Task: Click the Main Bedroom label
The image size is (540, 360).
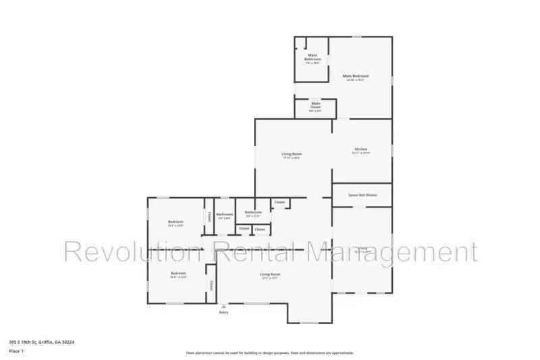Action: pyautogui.click(x=356, y=76)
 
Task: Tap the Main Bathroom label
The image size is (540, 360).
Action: pyautogui.click(x=313, y=57)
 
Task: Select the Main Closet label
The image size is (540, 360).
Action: pyautogui.click(x=315, y=105)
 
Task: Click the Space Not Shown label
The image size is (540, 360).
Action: pyautogui.click(x=362, y=195)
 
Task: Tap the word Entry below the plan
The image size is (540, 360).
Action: pyautogui.click(x=223, y=312)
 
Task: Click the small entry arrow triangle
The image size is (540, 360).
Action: pyautogui.click(x=223, y=306)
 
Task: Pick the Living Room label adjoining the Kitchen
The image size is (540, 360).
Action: pyautogui.click(x=291, y=155)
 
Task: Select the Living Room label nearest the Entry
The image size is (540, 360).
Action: pyautogui.click(x=270, y=274)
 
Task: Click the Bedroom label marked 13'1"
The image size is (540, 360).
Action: pyautogui.click(x=175, y=222)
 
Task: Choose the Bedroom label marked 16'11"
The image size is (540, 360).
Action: pyautogui.click(x=178, y=273)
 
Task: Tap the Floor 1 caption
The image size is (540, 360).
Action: pyautogui.click(x=16, y=352)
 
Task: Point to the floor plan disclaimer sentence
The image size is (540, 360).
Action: pyautogui.click(x=269, y=353)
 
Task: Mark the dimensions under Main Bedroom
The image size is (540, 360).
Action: pyautogui.click(x=356, y=80)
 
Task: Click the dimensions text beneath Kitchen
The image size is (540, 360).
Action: pyautogui.click(x=361, y=153)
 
